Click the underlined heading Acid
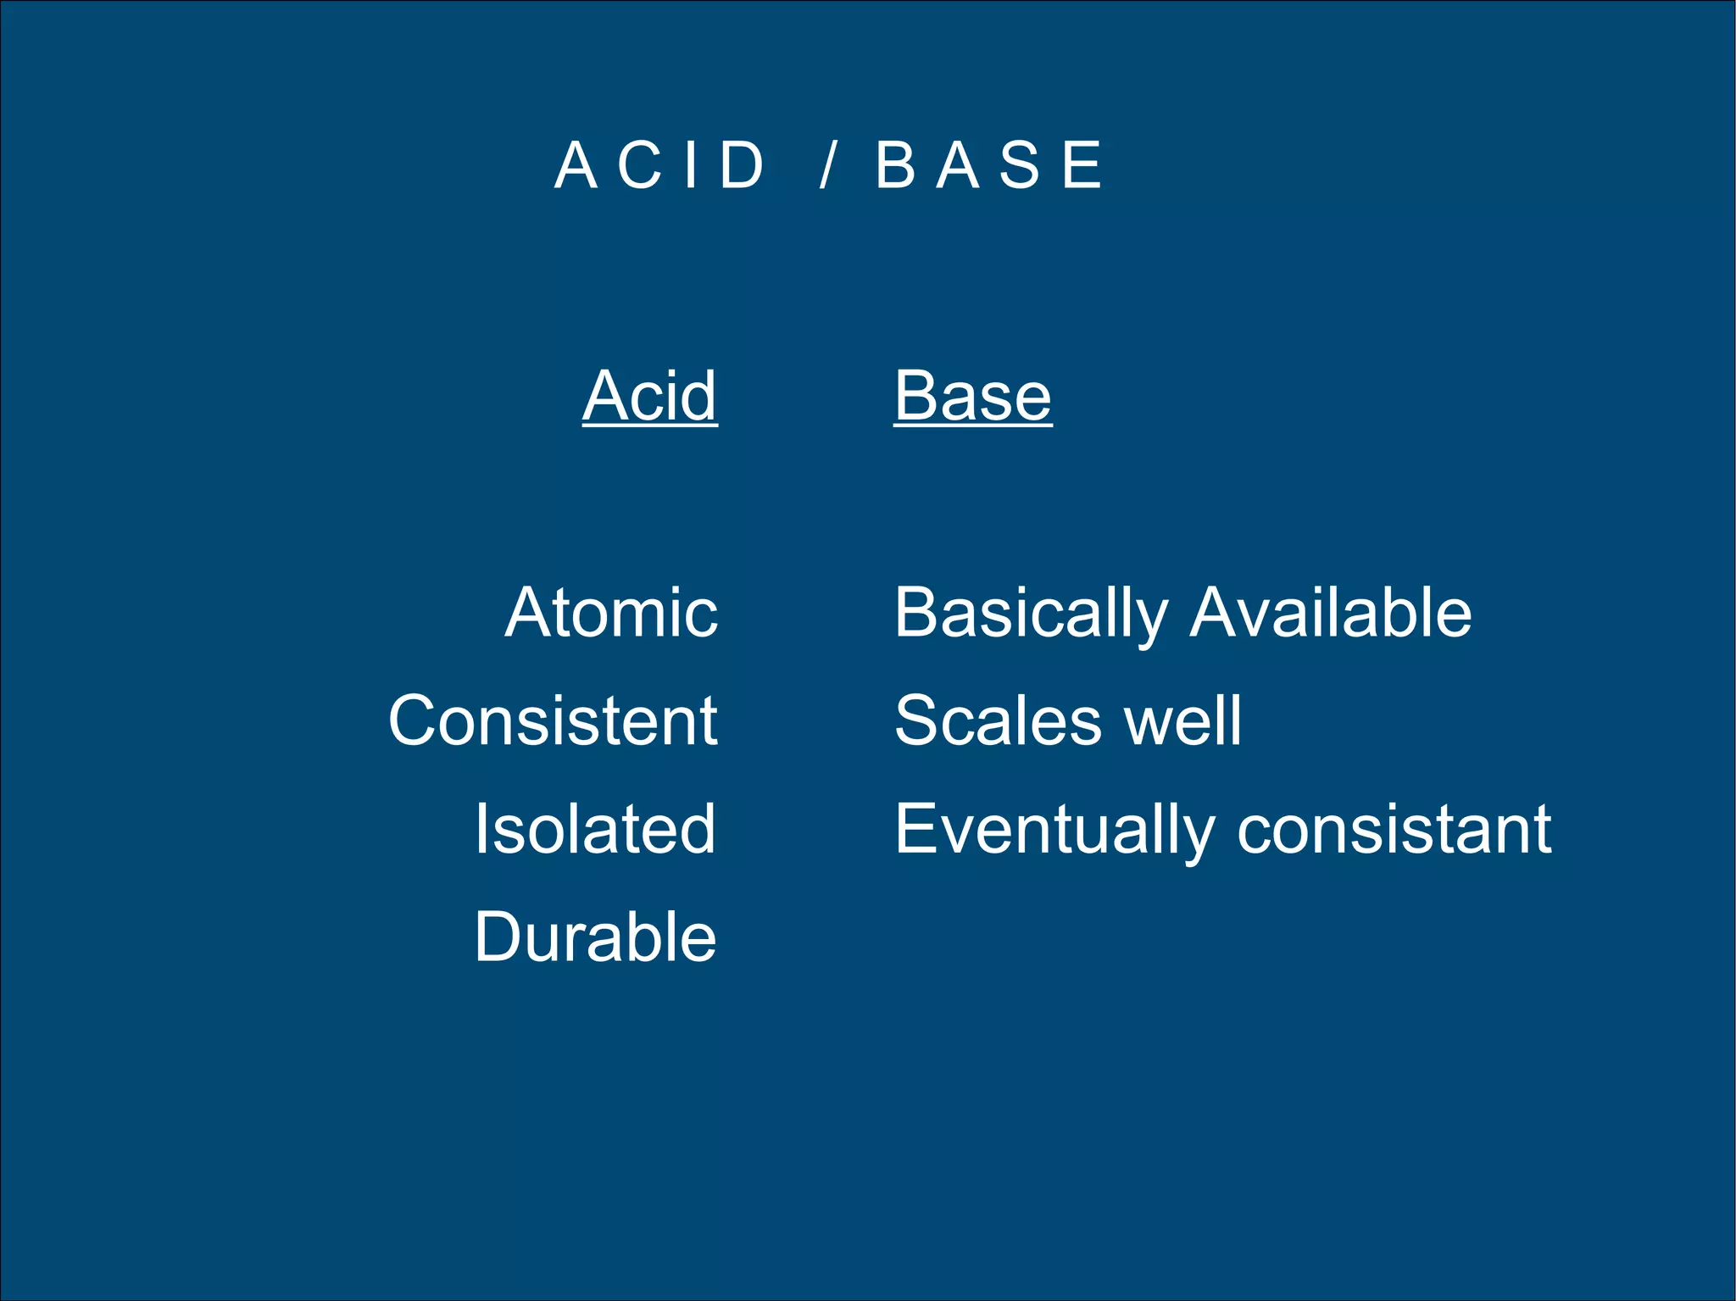tap(650, 396)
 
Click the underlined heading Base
tap(973, 396)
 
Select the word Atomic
tap(611, 612)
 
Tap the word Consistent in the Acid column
tap(553, 720)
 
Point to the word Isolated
tap(595, 829)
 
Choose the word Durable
tap(595, 937)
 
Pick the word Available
tap(1331, 612)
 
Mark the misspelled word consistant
tap(1394, 829)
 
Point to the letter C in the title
tap(639, 165)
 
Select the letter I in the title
tap(691, 165)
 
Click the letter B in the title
tap(895, 165)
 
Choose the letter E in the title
tap(1082, 165)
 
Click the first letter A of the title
tap(576, 165)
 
